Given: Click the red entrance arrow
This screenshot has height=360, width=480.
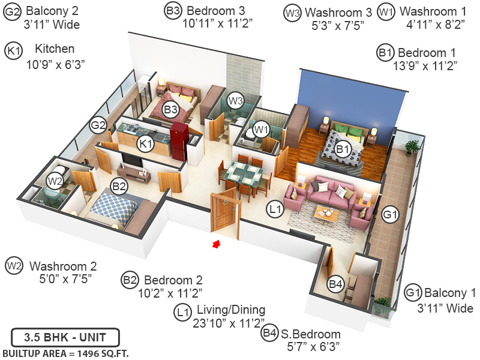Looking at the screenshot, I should (217, 243).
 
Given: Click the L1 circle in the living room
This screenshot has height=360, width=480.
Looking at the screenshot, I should (275, 209).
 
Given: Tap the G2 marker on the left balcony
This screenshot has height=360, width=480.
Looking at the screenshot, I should (98, 126).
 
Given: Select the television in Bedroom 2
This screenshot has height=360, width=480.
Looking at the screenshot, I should (133, 161).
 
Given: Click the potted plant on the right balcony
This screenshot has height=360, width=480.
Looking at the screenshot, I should (412, 147).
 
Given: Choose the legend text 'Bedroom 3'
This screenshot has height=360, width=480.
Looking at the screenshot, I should (214, 11).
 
